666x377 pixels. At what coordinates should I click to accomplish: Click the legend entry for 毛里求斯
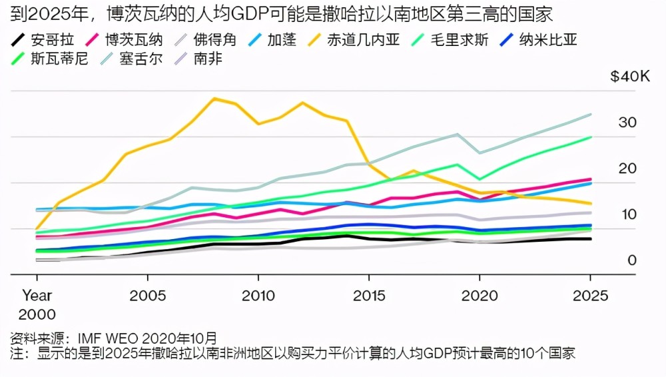[x=459, y=39]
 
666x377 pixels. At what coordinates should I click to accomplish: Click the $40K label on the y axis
[x=629, y=77]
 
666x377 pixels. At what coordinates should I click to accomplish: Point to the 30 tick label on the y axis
[x=628, y=123]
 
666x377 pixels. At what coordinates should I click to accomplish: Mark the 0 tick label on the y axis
[x=632, y=260]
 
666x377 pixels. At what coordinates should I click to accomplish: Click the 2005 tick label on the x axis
[x=147, y=294]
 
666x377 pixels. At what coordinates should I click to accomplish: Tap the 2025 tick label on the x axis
[x=589, y=294]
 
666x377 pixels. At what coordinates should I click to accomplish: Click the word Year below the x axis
[x=37, y=294]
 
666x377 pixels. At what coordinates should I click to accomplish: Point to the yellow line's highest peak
[x=214, y=99]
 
